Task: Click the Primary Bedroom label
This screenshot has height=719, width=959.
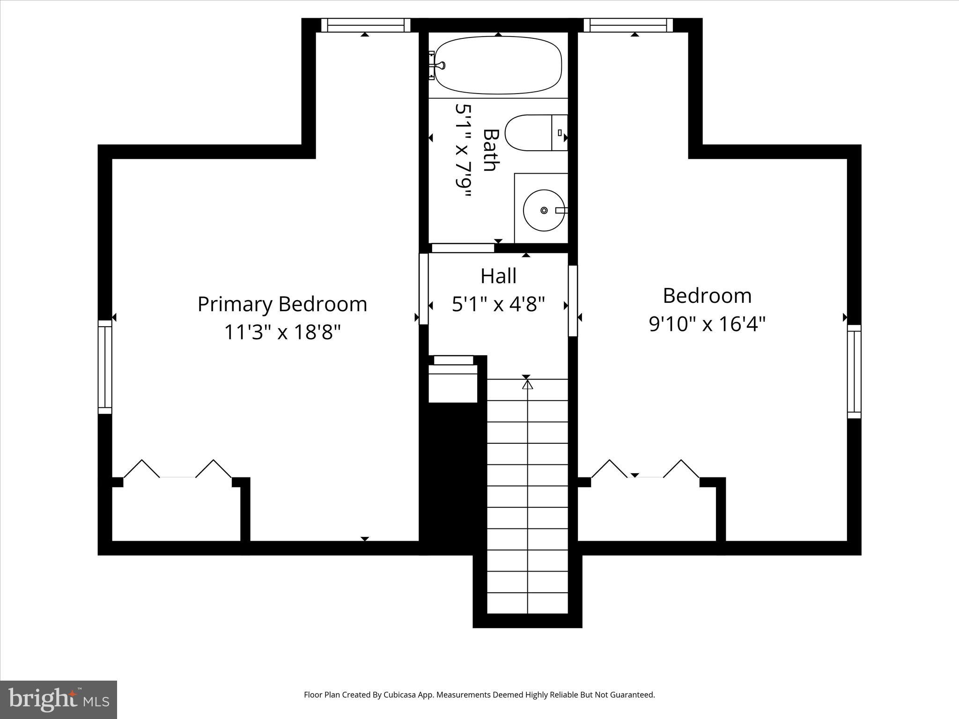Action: point(282,304)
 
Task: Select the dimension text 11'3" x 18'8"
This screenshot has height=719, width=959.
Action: point(282,333)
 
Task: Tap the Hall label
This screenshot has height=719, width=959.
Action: point(498,276)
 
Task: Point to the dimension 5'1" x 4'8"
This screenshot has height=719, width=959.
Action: point(498,304)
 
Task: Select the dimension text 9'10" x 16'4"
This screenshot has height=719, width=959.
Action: point(707,323)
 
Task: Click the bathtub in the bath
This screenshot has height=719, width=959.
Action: point(499,65)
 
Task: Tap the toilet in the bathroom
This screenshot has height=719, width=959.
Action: point(534,132)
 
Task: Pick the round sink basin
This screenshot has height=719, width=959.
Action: point(543,210)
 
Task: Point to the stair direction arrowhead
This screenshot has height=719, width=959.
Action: point(528,385)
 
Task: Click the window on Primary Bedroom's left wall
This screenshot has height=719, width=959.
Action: point(105,367)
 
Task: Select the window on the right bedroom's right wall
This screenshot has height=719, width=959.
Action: point(854,371)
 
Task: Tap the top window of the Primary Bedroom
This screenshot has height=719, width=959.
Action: point(366,25)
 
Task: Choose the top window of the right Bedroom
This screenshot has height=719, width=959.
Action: point(628,25)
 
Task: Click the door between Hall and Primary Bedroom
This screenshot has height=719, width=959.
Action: point(423,289)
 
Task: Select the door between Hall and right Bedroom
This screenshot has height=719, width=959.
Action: point(573,301)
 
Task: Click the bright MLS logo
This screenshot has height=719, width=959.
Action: point(59,699)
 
